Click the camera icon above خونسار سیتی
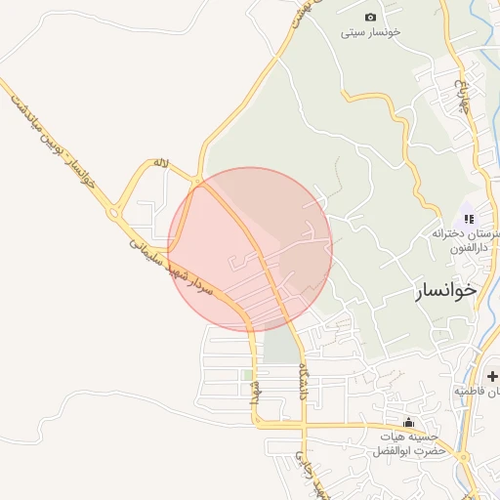pos(370,17)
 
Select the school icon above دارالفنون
pos(469,219)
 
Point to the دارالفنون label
pos(466,248)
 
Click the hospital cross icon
pos(491,375)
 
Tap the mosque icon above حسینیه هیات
pos(407,422)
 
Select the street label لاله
pos(161,162)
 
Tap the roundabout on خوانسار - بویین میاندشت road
pos(116,211)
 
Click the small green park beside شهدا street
pos(248,375)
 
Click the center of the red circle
pos(251,249)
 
